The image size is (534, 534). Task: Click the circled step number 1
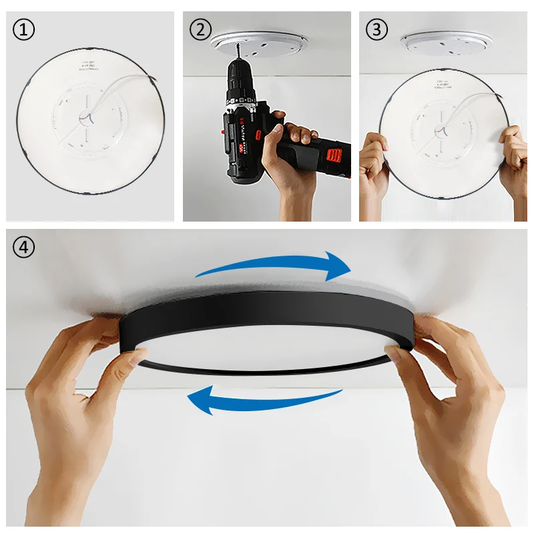[x=24, y=29]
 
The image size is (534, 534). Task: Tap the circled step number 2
[x=200, y=29]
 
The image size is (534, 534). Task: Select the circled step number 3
[x=376, y=29]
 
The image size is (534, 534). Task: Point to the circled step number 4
[x=25, y=247]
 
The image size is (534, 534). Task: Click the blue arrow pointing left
[x=264, y=400]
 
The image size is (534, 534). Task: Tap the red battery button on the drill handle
[x=334, y=156]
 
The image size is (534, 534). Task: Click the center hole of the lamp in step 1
[x=87, y=118]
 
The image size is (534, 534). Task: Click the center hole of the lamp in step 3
[x=441, y=128]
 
